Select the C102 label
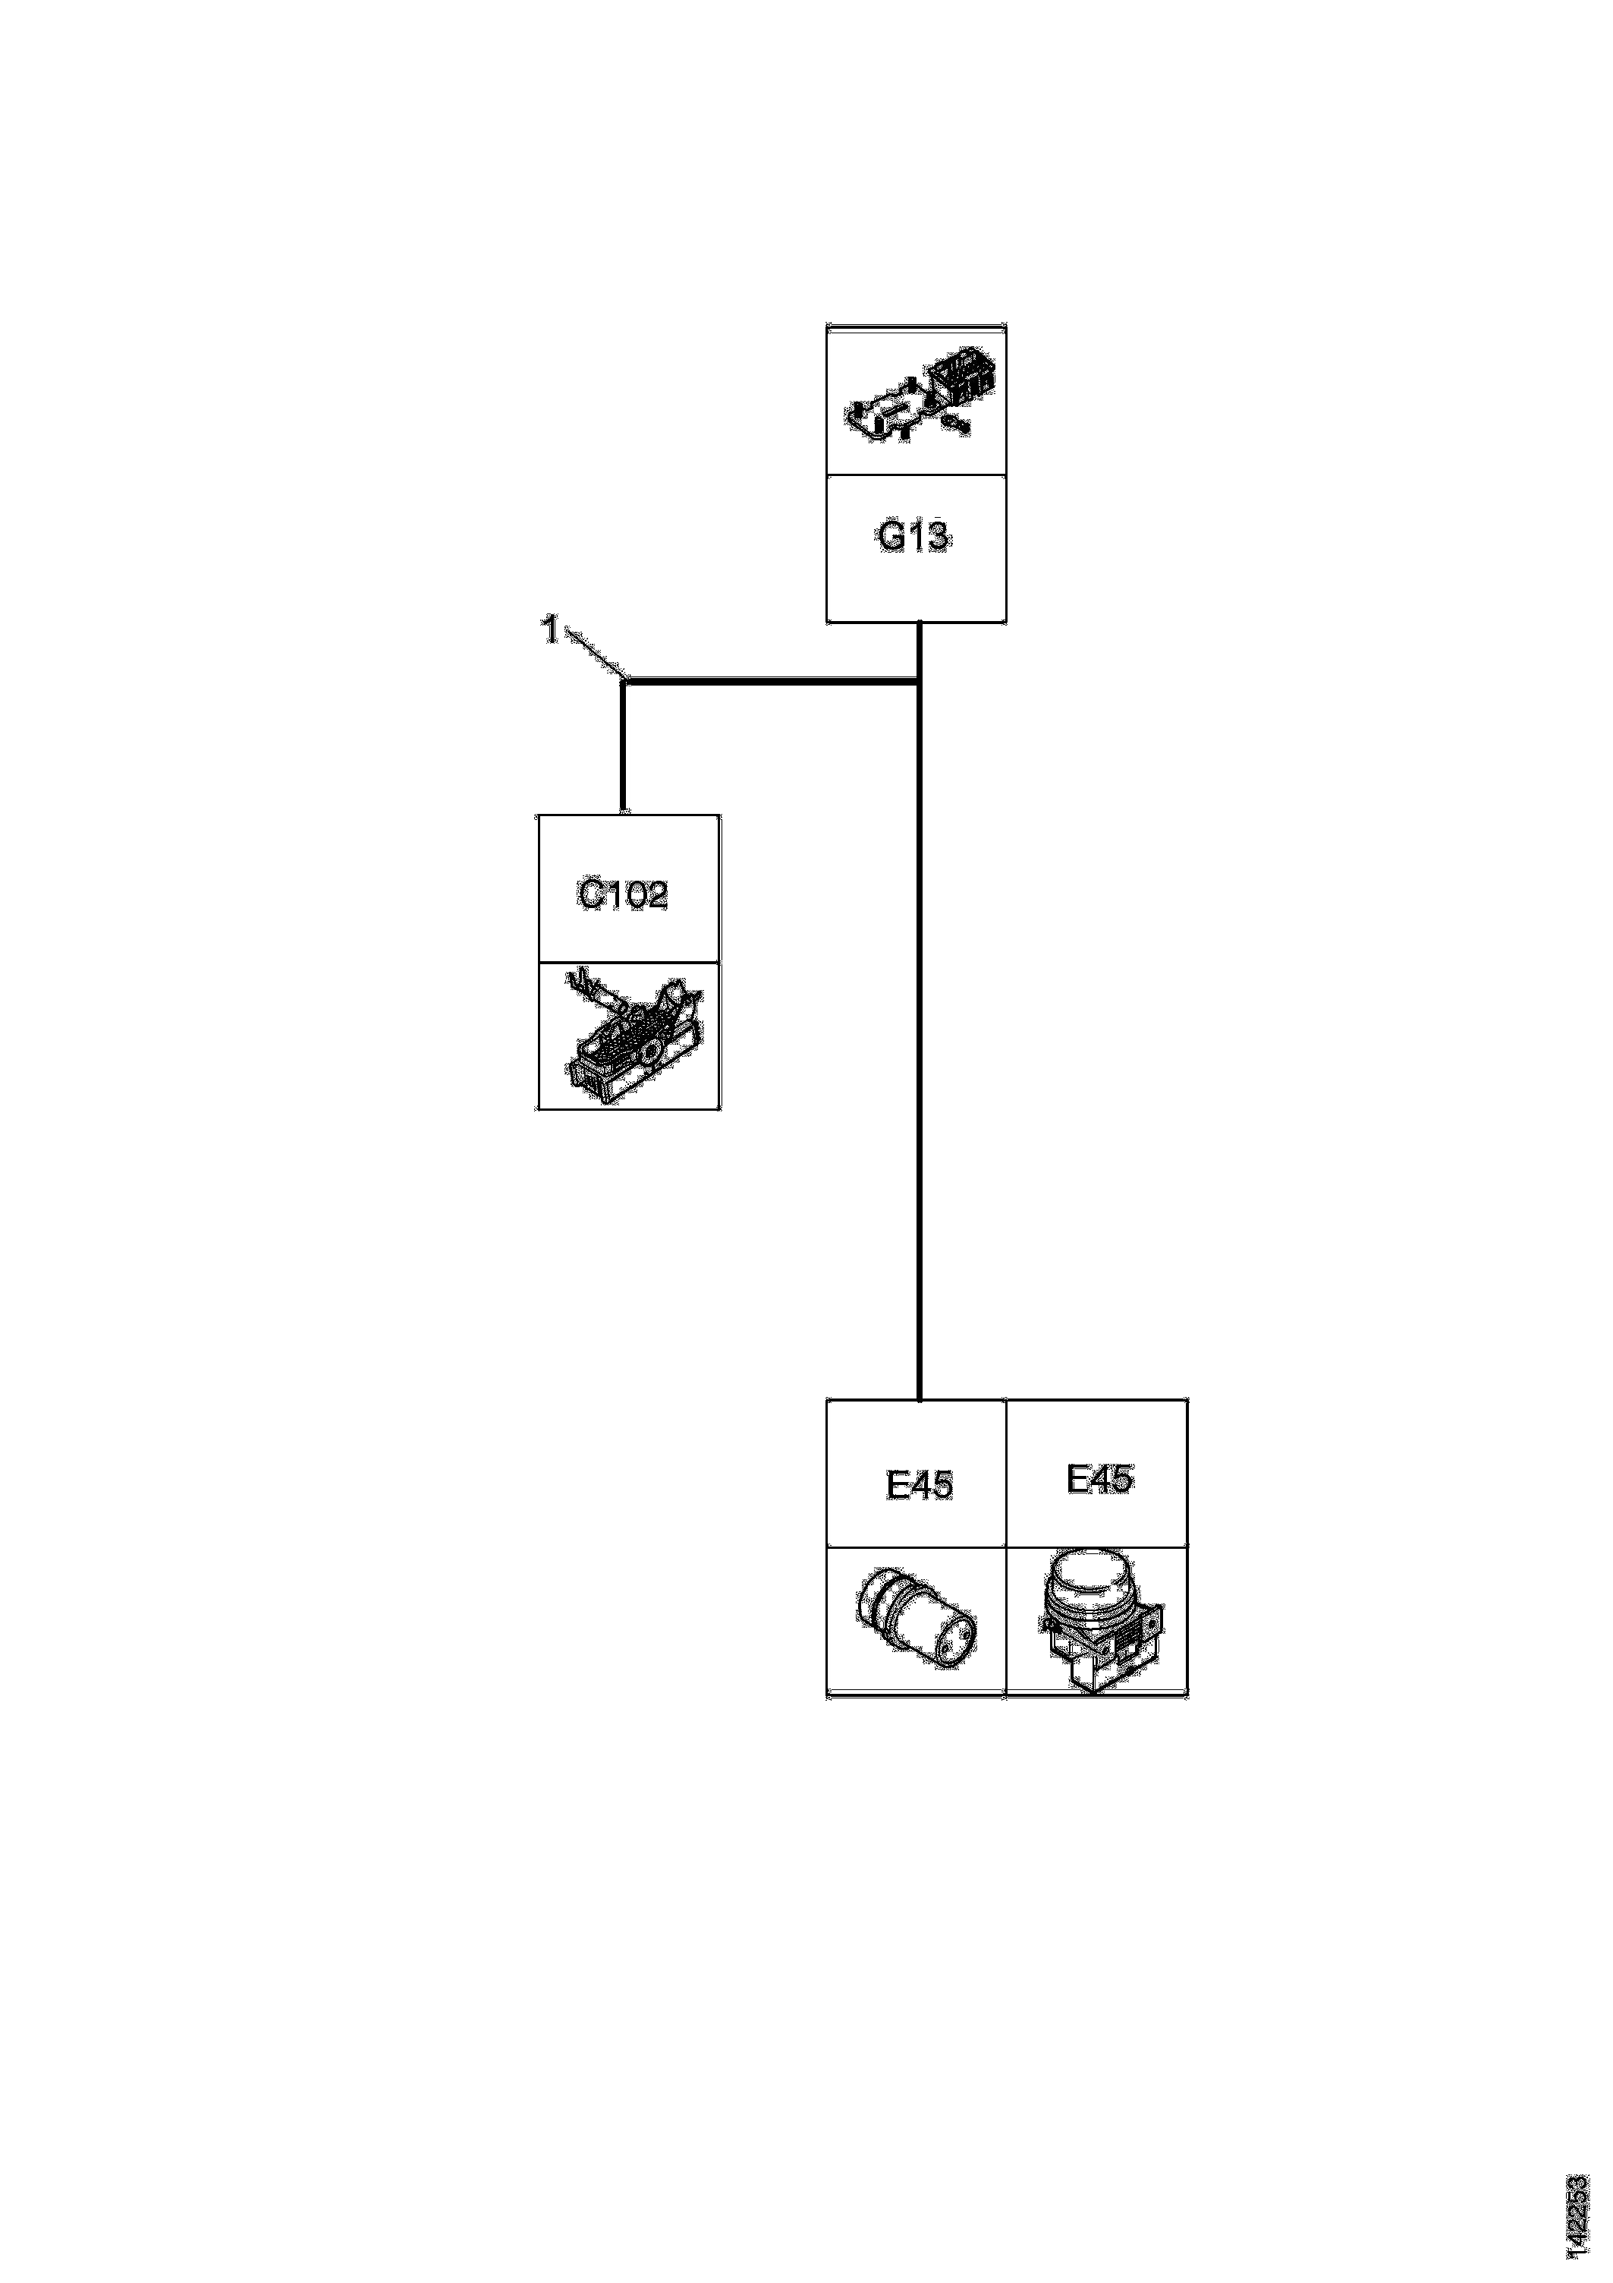(x=622, y=895)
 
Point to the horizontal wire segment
(x=770, y=681)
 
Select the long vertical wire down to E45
(x=920, y=1044)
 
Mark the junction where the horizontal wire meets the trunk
(x=918, y=682)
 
